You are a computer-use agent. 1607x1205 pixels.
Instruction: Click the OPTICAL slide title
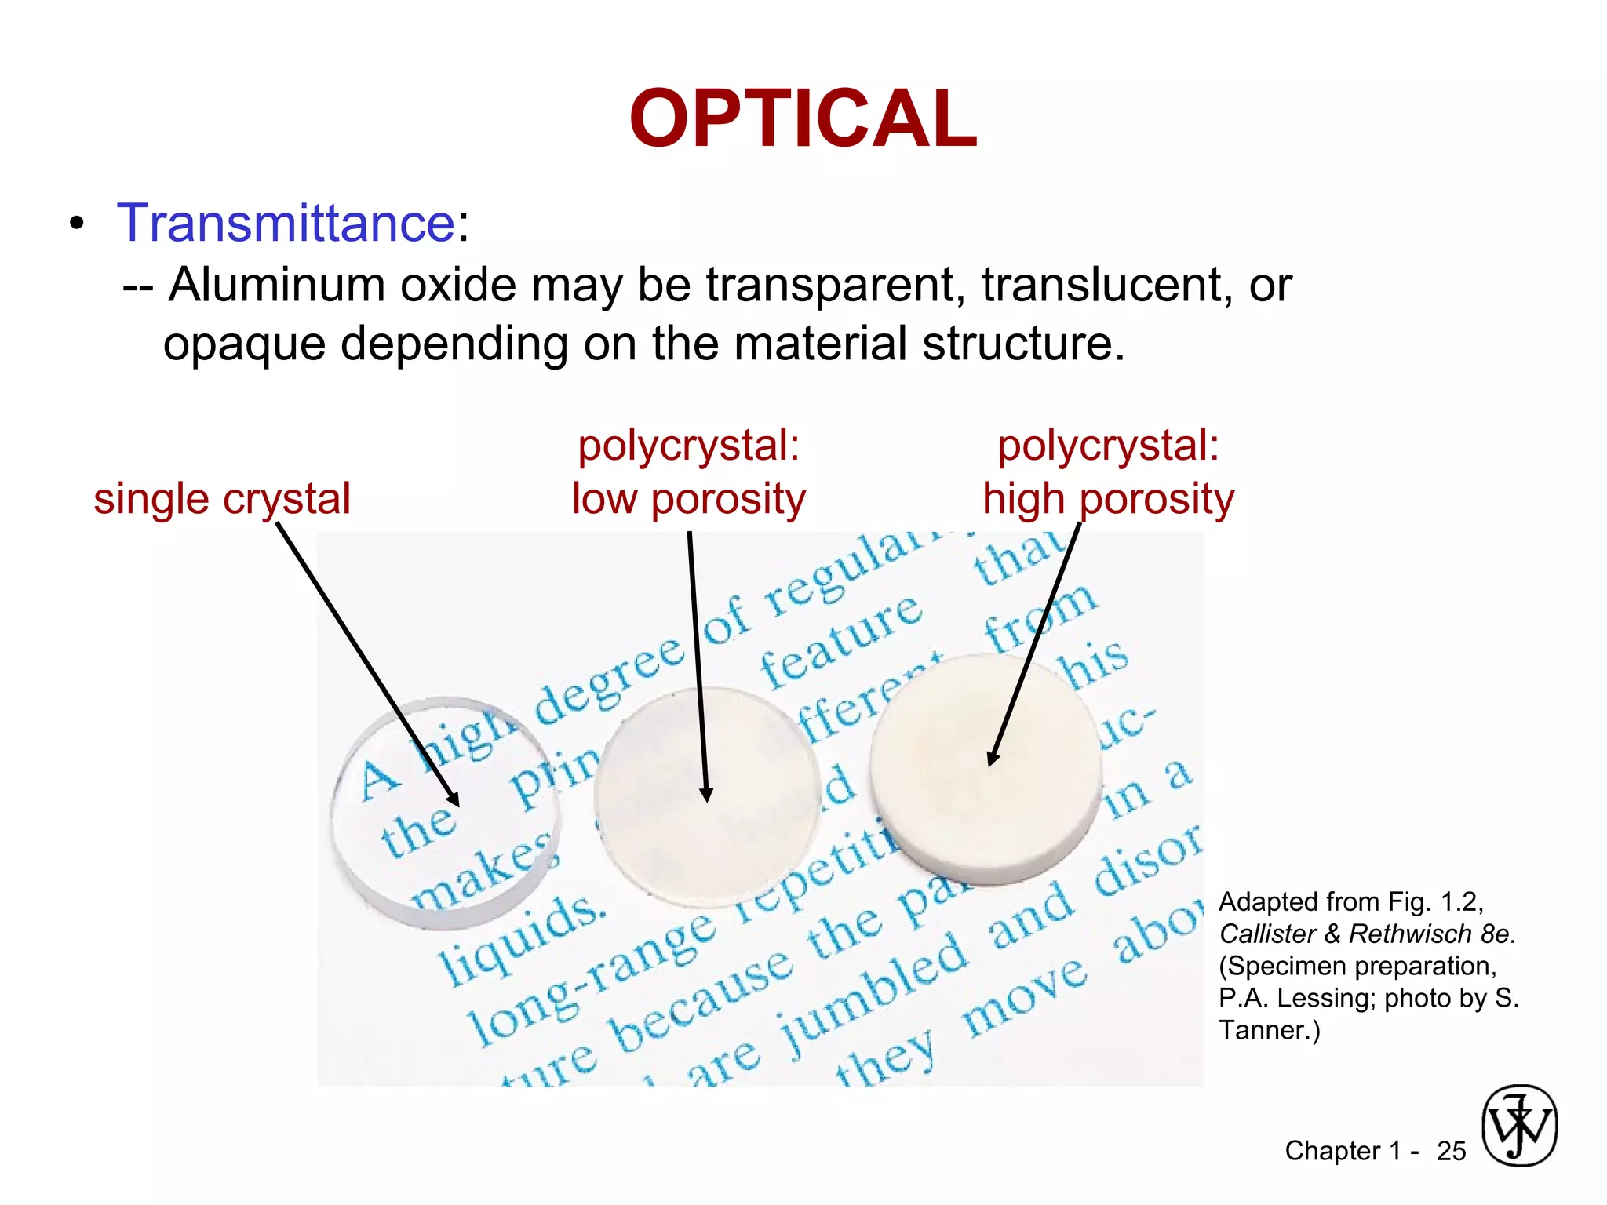coord(803,119)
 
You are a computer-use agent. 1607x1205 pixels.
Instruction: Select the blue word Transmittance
coord(286,223)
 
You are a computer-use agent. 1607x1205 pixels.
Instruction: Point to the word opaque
coord(244,344)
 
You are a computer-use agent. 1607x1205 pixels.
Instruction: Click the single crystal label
coord(222,499)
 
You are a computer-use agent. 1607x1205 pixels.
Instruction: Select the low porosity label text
coord(688,499)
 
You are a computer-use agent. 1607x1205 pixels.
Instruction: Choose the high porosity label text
coord(1108,499)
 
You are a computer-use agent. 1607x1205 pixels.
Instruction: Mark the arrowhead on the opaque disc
coord(993,758)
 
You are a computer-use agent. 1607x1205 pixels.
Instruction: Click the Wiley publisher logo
coord(1519,1125)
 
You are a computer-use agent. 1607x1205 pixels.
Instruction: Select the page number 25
coord(1451,1151)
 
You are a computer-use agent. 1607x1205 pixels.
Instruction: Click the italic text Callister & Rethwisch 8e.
coord(1367,934)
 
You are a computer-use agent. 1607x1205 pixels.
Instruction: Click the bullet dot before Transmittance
coord(76,224)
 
